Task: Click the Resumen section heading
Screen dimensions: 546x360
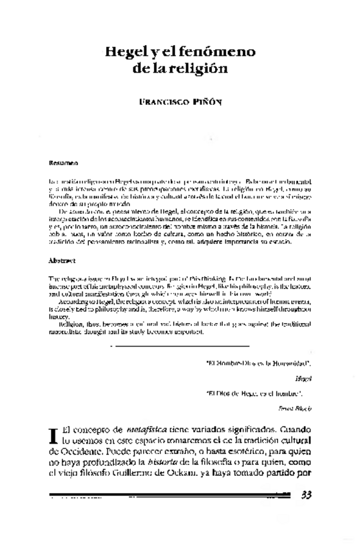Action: tap(64, 164)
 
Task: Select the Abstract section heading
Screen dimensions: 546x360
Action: tap(63, 261)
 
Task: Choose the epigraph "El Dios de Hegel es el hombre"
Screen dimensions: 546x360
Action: tap(254, 393)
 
